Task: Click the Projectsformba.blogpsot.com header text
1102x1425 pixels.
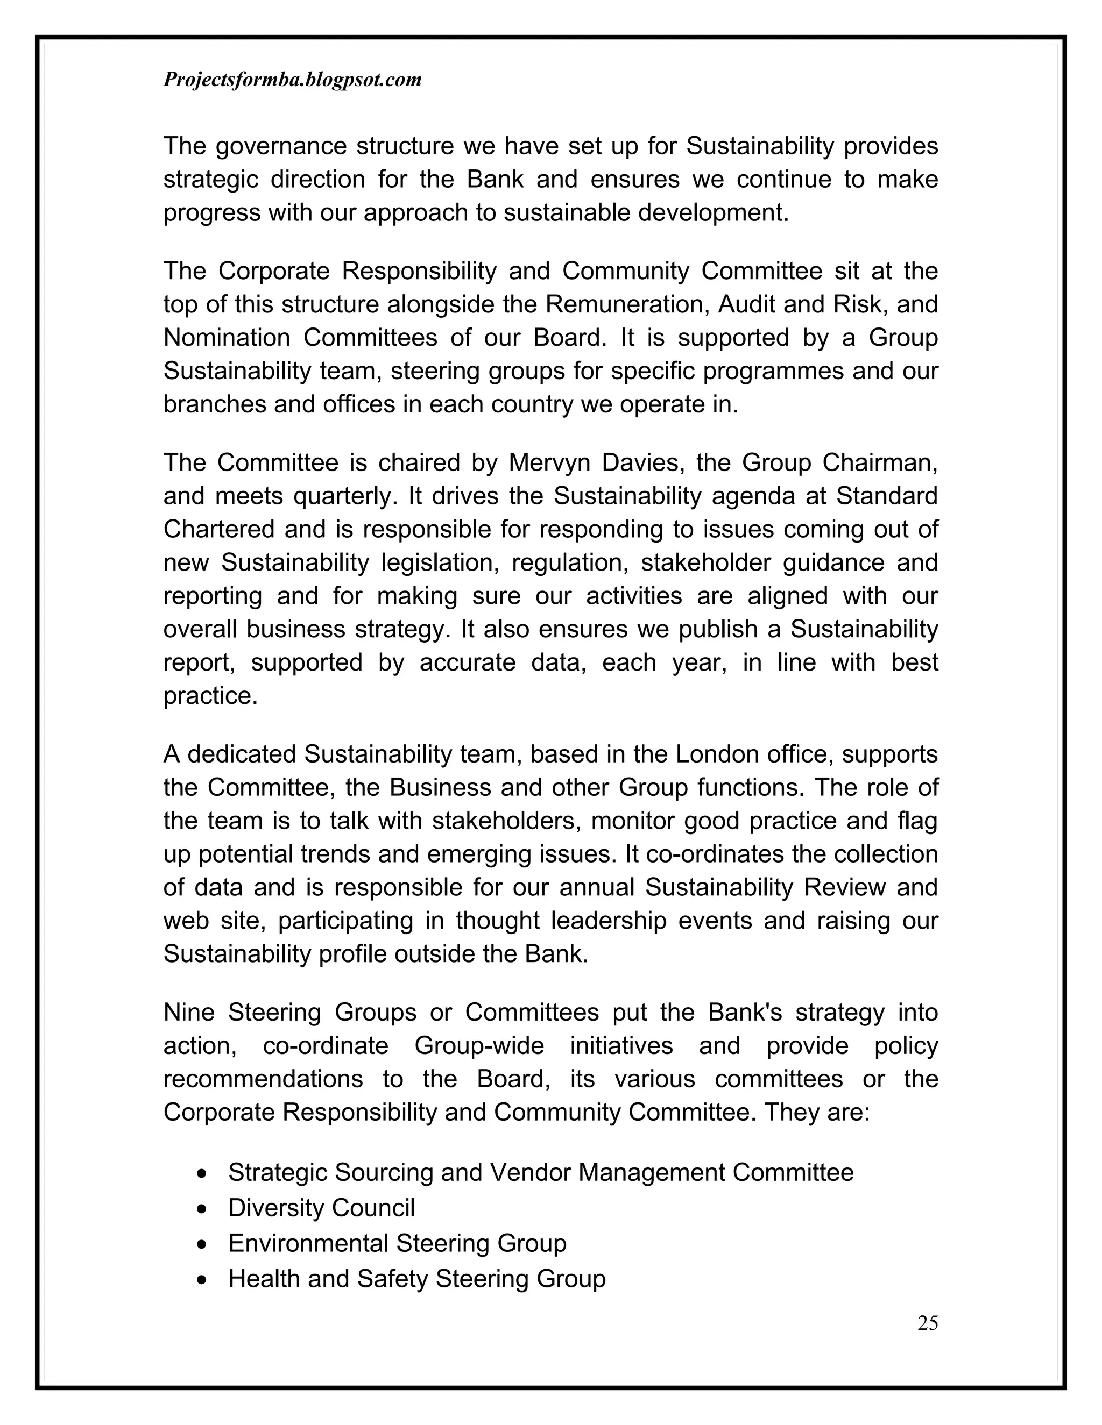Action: [292, 80]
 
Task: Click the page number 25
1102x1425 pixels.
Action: [928, 1323]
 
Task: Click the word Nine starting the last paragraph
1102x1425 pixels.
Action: [189, 1013]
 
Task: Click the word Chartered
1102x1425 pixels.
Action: [218, 529]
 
